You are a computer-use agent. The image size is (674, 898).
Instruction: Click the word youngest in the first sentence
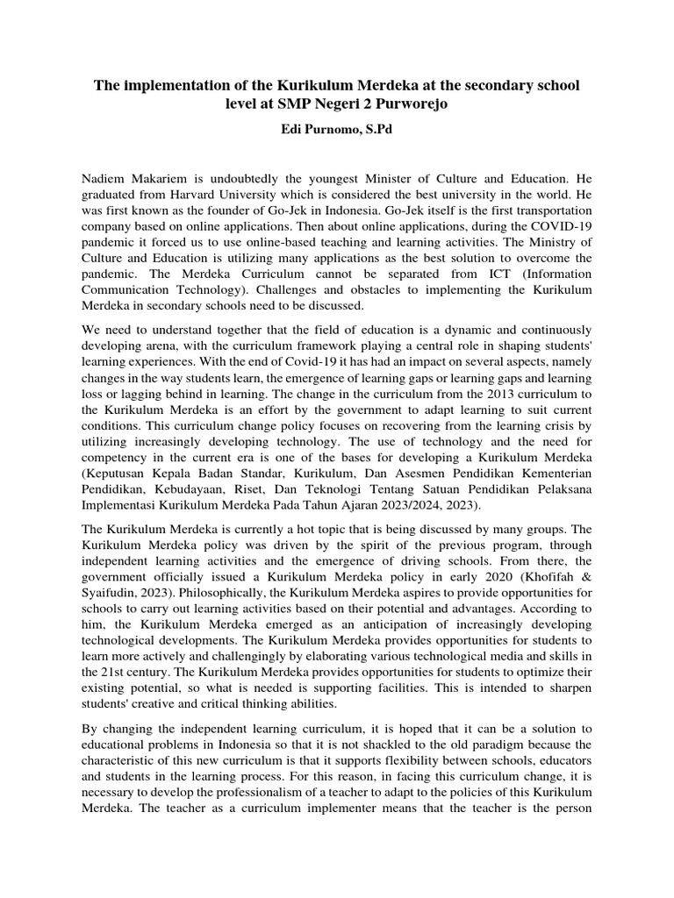[362, 178]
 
